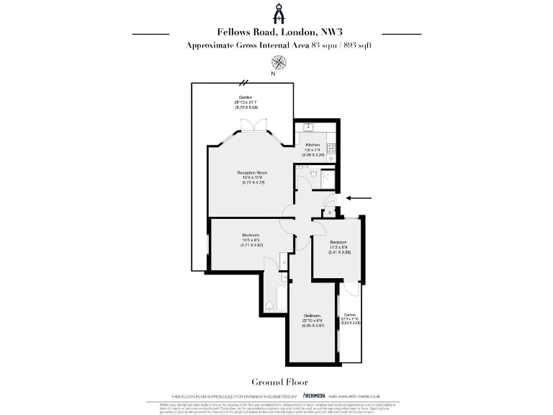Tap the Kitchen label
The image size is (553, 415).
312,145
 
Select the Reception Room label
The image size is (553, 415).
252,173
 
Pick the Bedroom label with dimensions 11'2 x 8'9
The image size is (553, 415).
338,241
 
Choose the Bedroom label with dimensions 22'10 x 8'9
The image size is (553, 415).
313,316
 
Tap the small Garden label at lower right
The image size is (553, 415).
350,316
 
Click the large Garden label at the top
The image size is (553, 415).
246,97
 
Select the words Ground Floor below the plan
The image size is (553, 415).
275,382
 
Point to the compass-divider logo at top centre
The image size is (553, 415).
276,14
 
